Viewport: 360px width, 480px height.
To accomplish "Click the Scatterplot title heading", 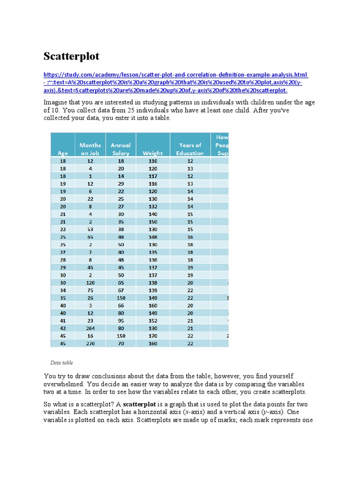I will click(x=71, y=57).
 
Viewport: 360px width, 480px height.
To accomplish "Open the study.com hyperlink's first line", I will click(x=176, y=75).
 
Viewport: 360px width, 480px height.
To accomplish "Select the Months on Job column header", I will click(x=90, y=149).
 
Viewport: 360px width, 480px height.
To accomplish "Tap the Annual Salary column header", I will click(x=120, y=149).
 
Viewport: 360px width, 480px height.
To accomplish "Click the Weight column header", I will click(x=153, y=153).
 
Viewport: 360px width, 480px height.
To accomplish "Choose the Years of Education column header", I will click(x=190, y=149).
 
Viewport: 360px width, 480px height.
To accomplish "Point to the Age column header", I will click(x=62, y=153).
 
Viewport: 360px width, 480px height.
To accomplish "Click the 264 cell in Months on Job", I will click(x=90, y=328).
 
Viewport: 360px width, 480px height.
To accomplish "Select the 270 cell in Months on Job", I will click(x=90, y=343).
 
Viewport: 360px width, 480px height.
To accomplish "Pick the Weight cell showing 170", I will click(x=153, y=336).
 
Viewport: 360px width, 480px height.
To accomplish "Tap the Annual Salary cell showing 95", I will click(x=121, y=321).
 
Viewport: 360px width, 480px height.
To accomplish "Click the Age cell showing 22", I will click(x=62, y=229).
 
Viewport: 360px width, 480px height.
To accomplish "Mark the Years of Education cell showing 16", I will click(x=190, y=237).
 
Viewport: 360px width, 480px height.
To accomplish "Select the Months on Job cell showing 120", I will click(x=90, y=283).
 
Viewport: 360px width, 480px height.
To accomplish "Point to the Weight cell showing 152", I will click(x=153, y=321).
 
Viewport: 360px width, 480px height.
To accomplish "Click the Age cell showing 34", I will click(x=62, y=290).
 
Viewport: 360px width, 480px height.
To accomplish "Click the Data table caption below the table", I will click(x=61, y=362).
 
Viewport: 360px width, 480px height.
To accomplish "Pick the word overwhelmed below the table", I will click(x=61, y=383).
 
